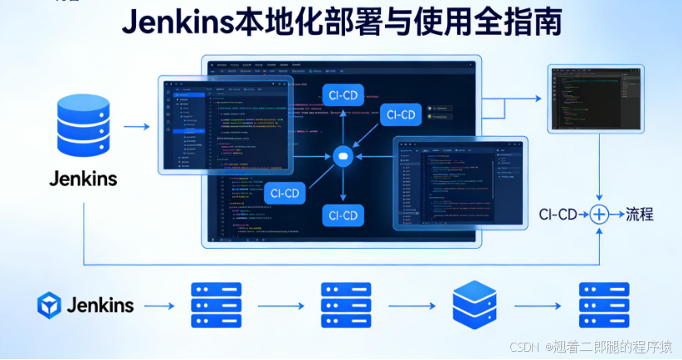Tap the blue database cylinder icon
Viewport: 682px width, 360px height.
[83, 127]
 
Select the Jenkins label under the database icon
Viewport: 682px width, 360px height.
[83, 178]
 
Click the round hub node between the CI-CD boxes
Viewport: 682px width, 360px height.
[343, 156]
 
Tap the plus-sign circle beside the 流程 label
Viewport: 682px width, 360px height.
[600, 214]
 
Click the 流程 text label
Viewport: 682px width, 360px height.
[640, 214]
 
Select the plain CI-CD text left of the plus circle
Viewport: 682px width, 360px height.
[558, 215]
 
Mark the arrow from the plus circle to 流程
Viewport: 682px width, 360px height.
[617, 214]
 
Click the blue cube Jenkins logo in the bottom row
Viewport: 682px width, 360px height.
[49, 304]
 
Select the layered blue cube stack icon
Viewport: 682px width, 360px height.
[475, 305]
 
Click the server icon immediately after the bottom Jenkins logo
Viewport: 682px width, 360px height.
[216, 305]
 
